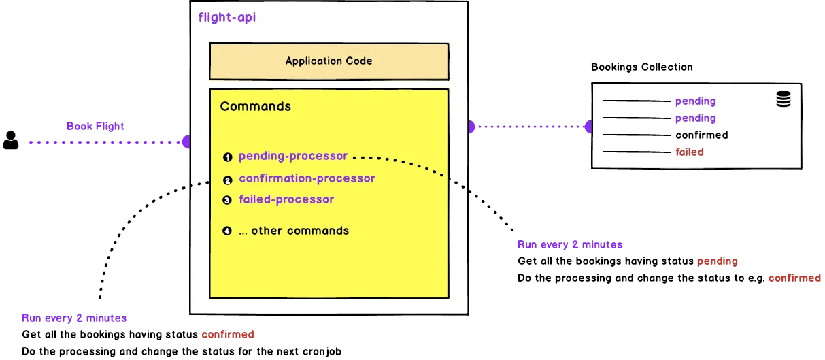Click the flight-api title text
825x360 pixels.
(227, 18)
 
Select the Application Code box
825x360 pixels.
(329, 61)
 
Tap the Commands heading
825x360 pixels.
(255, 107)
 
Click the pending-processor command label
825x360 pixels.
(293, 157)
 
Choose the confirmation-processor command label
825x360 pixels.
(307, 179)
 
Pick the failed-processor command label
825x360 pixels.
(286, 200)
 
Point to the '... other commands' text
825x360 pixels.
(293, 231)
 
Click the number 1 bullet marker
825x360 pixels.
(228, 157)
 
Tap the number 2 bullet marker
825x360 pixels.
(228, 180)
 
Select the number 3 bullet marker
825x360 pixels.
(228, 201)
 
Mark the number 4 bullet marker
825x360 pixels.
(228, 231)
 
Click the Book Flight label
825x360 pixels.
(95, 127)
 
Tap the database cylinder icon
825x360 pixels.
(784, 100)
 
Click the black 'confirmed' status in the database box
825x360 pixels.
(701, 135)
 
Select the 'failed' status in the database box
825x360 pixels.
(689, 152)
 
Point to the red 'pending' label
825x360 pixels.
(717, 261)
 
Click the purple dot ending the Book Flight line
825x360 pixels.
(186, 142)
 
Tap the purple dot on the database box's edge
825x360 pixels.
(588, 127)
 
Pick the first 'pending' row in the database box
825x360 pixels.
(695, 101)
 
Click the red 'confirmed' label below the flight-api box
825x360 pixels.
(227, 335)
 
